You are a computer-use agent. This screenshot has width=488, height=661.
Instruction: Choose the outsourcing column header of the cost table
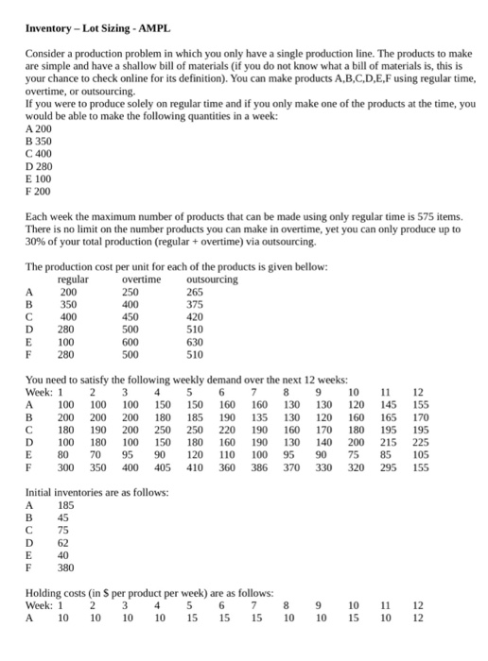click(213, 280)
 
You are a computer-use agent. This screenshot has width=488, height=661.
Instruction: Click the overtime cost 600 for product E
click(132, 342)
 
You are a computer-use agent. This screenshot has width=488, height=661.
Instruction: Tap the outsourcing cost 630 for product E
click(199, 342)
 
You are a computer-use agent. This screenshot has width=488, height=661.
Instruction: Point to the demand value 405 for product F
click(161, 466)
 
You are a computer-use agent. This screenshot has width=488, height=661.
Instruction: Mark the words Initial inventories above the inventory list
click(67, 492)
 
